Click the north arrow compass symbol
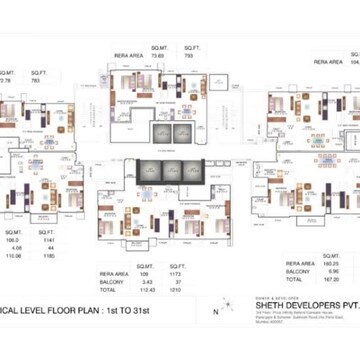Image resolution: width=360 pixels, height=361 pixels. pyautogui.click(x=228, y=311)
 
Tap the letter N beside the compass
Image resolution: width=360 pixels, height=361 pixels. pyautogui.click(x=214, y=311)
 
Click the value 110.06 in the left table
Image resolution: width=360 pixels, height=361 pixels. pyautogui.click(x=13, y=256)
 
